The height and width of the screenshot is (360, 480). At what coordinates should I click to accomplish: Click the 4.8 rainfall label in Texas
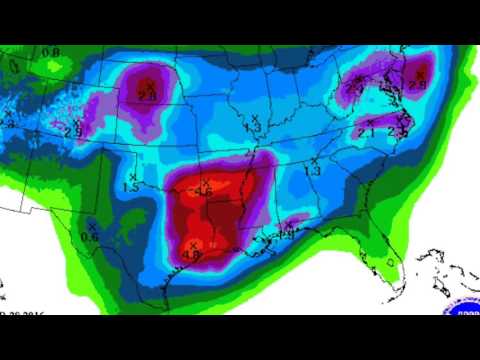pos(192,255)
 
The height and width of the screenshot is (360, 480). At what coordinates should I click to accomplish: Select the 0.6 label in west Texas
pos(89,236)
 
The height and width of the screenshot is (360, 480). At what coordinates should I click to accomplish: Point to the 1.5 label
pos(131,187)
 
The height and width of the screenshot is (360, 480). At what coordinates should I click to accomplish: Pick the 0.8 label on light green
pos(51,51)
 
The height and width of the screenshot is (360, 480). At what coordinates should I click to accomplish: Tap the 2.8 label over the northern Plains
pos(147,94)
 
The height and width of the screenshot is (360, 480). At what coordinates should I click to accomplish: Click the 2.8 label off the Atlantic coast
pos(417,86)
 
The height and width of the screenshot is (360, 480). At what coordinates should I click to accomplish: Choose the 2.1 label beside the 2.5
pos(366,131)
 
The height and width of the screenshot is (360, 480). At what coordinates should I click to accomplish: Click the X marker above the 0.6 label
pos(90,225)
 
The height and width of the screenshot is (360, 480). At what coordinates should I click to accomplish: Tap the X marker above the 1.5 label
pos(132,176)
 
